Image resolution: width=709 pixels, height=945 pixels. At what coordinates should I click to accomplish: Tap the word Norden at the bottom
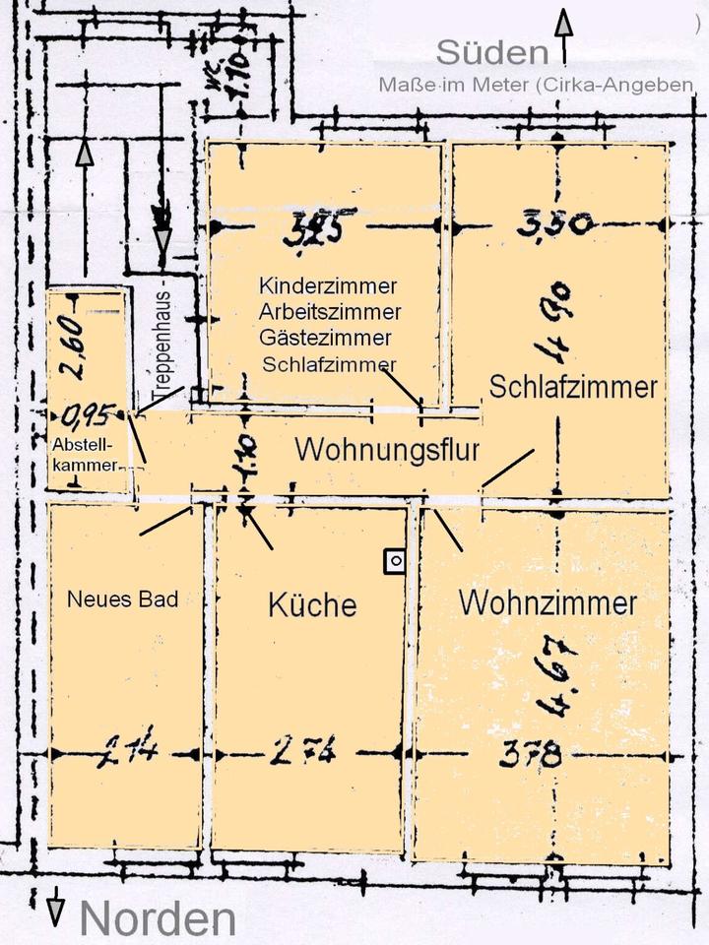pyautogui.click(x=158, y=918)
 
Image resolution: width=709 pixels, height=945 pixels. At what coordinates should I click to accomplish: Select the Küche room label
pyautogui.click(x=312, y=604)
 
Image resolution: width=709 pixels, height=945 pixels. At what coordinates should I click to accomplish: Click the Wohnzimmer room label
pyautogui.click(x=548, y=602)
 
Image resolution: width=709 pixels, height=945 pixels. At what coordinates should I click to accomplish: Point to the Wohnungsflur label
pyautogui.click(x=387, y=451)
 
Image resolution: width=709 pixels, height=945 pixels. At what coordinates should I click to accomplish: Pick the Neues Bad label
pyautogui.click(x=123, y=598)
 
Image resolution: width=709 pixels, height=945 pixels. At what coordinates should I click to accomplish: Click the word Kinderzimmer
pyautogui.click(x=328, y=286)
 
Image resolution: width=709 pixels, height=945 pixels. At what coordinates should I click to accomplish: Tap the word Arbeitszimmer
pyautogui.click(x=331, y=312)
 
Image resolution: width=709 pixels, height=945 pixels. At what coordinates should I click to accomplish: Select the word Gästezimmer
pyautogui.click(x=326, y=338)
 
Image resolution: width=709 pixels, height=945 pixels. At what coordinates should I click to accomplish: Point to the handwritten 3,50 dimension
pyautogui.click(x=555, y=224)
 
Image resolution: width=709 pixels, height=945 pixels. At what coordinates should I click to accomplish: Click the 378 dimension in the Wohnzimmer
pyautogui.click(x=530, y=755)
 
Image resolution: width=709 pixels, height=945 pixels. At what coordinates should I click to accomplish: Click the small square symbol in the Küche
pyautogui.click(x=394, y=561)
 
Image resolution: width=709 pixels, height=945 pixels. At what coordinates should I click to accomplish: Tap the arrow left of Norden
pyautogui.click(x=56, y=908)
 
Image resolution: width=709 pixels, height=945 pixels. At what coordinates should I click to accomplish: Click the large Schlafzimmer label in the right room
pyautogui.click(x=573, y=386)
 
